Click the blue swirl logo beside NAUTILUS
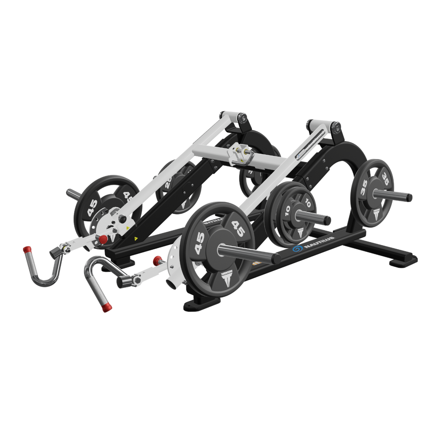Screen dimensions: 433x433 coord(297,249)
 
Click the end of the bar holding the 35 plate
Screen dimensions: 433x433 coord(409,198)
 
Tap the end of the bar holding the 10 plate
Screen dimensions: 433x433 coord(328,221)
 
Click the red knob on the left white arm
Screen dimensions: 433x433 coord(103,239)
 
